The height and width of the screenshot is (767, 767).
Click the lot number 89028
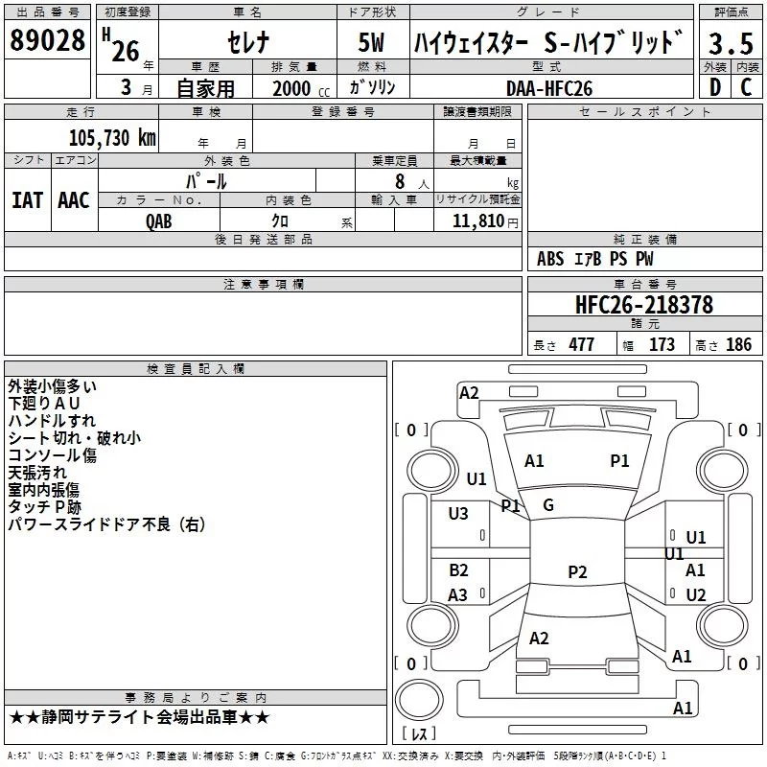(x=47, y=40)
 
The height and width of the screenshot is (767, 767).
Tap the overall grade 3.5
(x=731, y=43)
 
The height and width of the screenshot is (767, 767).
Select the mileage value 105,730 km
(x=112, y=137)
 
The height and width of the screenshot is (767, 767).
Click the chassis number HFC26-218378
(x=644, y=304)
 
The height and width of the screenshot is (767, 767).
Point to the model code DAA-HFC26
(x=549, y=88)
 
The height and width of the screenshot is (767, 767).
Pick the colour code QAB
(x=159, y=221)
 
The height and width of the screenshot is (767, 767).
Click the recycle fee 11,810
(x=477, y=221)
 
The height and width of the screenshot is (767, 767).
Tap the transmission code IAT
(x=27, y=200)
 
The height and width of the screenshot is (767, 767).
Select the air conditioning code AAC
(x=74, y=200)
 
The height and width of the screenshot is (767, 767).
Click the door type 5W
(x=371, y=42)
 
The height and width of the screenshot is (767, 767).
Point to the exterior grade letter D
(x=715, y=87)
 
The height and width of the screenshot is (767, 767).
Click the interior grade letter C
(x=746, y=87)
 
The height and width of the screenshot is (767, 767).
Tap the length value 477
(x=582, y=345)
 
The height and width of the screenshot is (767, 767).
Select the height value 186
(x=738, y=345)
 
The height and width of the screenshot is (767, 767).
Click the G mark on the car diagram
(x=548, y=505)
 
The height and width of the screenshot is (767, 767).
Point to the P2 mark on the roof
(x=577, y=571)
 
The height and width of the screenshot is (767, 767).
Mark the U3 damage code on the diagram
(x=458, y=514)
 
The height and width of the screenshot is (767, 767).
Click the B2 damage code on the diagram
(x=458, y=569)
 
